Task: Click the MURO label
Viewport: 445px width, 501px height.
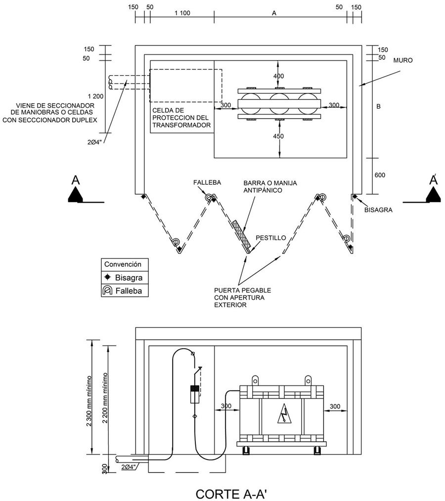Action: point(403,60)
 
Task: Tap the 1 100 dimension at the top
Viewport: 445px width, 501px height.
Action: point(182,13)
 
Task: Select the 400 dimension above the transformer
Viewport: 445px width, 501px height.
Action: point(278,76)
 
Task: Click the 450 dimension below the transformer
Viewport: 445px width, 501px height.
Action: point(278,136)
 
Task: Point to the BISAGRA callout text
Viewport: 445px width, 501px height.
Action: point(378,210)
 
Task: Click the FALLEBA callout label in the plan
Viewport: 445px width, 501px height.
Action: point(207,182)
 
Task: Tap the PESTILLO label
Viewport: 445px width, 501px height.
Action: point(271,238)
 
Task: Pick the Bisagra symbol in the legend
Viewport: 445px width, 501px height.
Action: point(107,277)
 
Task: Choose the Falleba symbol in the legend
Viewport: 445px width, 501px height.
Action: point(107,291)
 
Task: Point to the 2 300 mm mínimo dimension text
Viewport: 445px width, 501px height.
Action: point(89,401)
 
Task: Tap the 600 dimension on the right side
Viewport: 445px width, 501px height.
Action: point(380,175)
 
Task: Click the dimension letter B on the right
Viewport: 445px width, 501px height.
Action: point(379,106)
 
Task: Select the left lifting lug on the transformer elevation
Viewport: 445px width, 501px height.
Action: point(255,380)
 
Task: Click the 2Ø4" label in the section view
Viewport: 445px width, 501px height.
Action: point(129,467)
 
